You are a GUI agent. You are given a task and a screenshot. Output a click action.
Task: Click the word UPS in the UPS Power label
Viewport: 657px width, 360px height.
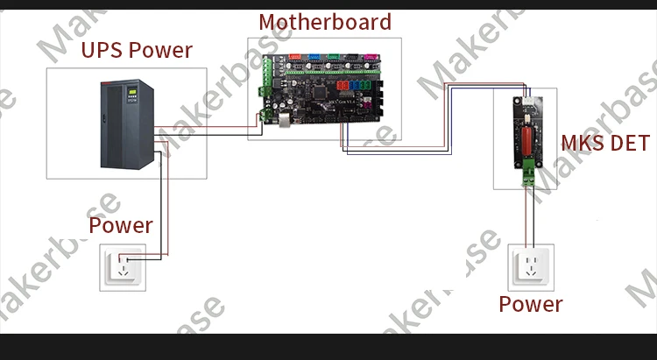coord(101,49)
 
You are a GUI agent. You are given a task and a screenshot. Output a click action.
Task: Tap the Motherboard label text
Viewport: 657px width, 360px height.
coord(325,22)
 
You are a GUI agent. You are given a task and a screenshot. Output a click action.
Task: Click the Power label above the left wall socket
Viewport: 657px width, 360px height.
coord(121,225)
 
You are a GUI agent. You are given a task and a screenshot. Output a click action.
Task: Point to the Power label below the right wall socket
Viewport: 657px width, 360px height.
coord(530,304)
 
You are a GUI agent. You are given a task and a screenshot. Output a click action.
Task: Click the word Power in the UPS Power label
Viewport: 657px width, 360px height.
coord(160,49)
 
